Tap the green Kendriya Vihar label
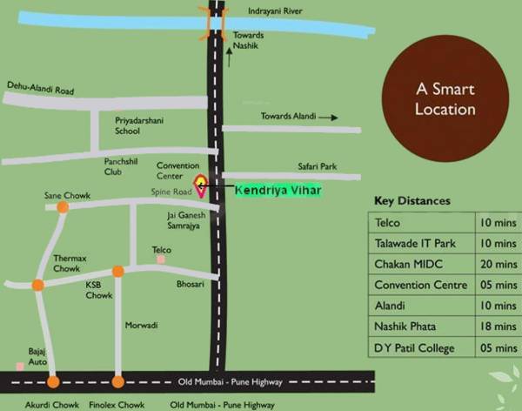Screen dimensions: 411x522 278,189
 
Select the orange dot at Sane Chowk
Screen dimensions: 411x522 63,207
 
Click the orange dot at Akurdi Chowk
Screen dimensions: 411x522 53,381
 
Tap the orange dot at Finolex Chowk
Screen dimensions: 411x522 118,381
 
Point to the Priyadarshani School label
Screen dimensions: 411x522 139,125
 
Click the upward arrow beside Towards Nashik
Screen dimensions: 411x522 230,57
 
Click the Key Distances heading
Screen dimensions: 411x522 412,201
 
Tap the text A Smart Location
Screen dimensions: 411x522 445,99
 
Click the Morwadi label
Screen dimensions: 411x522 140,326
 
